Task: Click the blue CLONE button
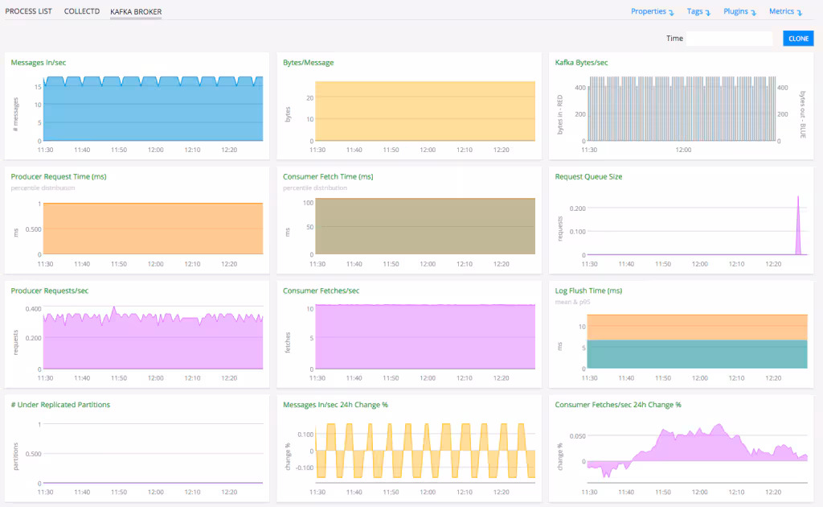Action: tap(798, 39)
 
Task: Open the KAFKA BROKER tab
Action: tap(136, 11)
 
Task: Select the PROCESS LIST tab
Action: tap(30, 11)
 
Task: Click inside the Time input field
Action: tap(729, 39)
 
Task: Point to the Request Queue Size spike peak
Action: tap(798, 196)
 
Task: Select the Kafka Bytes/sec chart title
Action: tap(581, 62)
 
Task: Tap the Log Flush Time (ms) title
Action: tap(588, 291)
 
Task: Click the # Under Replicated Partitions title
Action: tap(60, 404)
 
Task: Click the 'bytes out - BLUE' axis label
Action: tap(801, 113)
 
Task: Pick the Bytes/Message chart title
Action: tap(308, 62)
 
